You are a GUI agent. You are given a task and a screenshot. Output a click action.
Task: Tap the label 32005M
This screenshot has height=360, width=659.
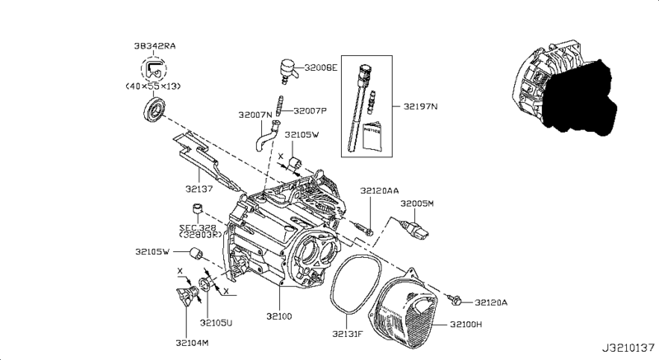pos(417,203)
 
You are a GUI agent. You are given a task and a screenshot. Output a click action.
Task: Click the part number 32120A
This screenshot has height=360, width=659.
pos(489,302)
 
